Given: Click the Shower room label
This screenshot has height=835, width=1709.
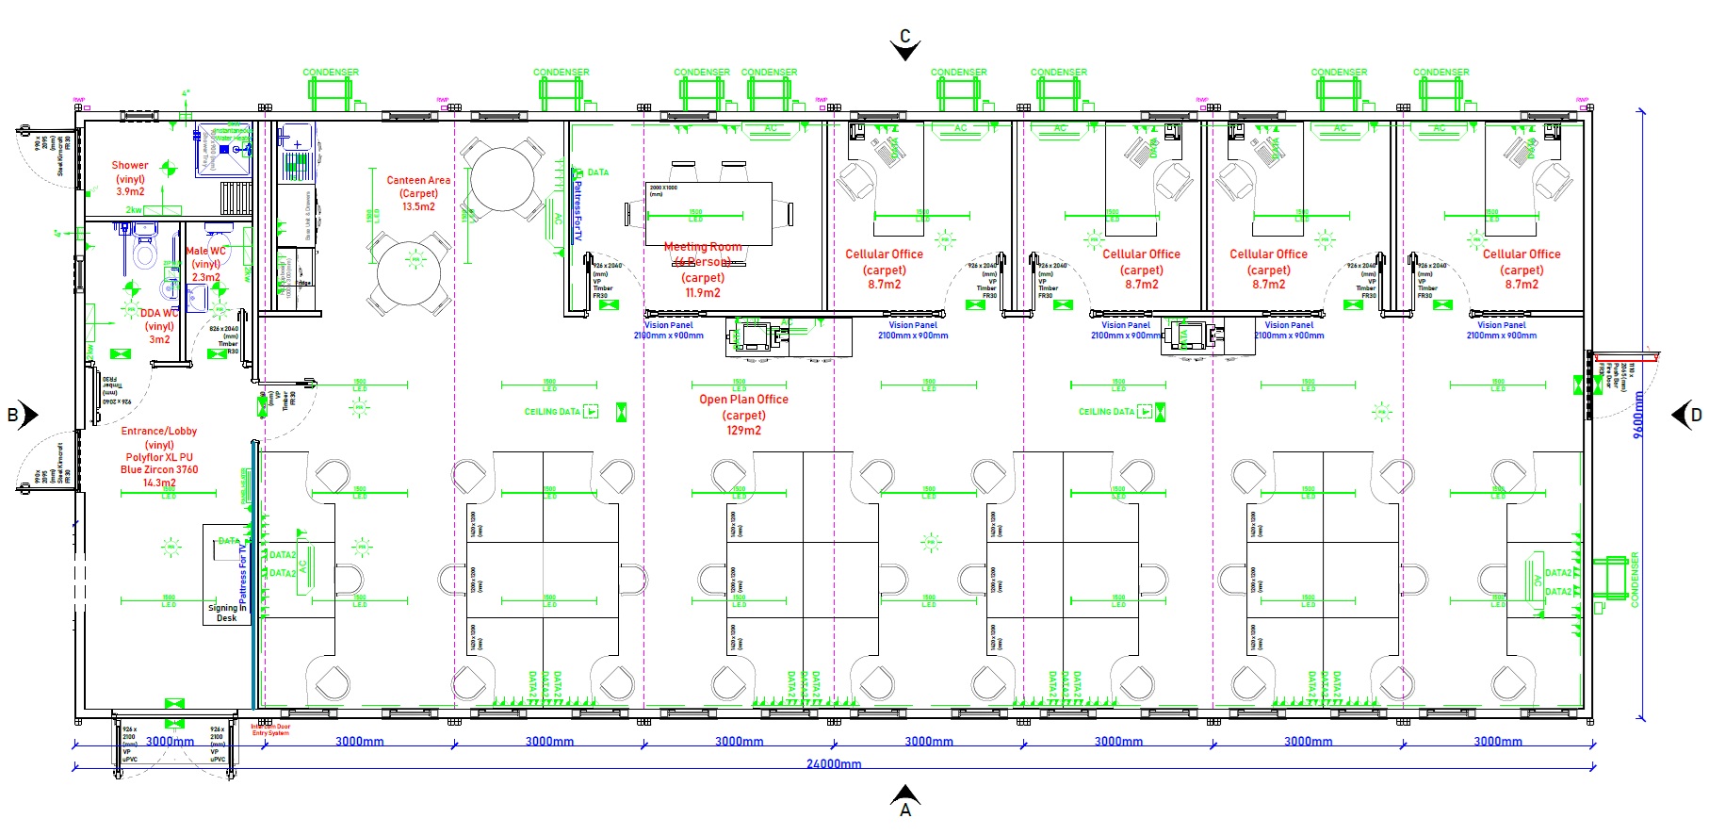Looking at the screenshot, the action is [x=130, y=166].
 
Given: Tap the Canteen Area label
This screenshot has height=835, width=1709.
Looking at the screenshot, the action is [x=418, y=180].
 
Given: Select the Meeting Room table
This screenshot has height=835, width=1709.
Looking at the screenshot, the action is [x=708, y=213].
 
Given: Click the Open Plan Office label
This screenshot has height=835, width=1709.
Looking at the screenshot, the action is [x=743, y=400].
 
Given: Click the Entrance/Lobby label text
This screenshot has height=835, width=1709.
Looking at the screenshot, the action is [x=159, y=432].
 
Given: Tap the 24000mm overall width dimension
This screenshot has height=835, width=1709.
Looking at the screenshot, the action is [x=834, y=764].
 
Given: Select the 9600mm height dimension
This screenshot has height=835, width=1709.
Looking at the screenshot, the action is [x=1638, y=415].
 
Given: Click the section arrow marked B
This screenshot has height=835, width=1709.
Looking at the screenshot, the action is [x=23, y=415].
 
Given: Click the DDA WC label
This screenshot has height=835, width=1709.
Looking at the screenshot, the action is [x=159, y=314].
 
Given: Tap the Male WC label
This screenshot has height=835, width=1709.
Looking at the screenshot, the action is [x=205, y=252].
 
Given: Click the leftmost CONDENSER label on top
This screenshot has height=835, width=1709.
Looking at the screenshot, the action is [x=331, y=73].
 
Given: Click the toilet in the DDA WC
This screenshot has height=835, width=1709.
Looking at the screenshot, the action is [x=144, y=253].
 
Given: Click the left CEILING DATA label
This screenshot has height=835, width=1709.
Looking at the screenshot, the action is [x=552, y=412].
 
